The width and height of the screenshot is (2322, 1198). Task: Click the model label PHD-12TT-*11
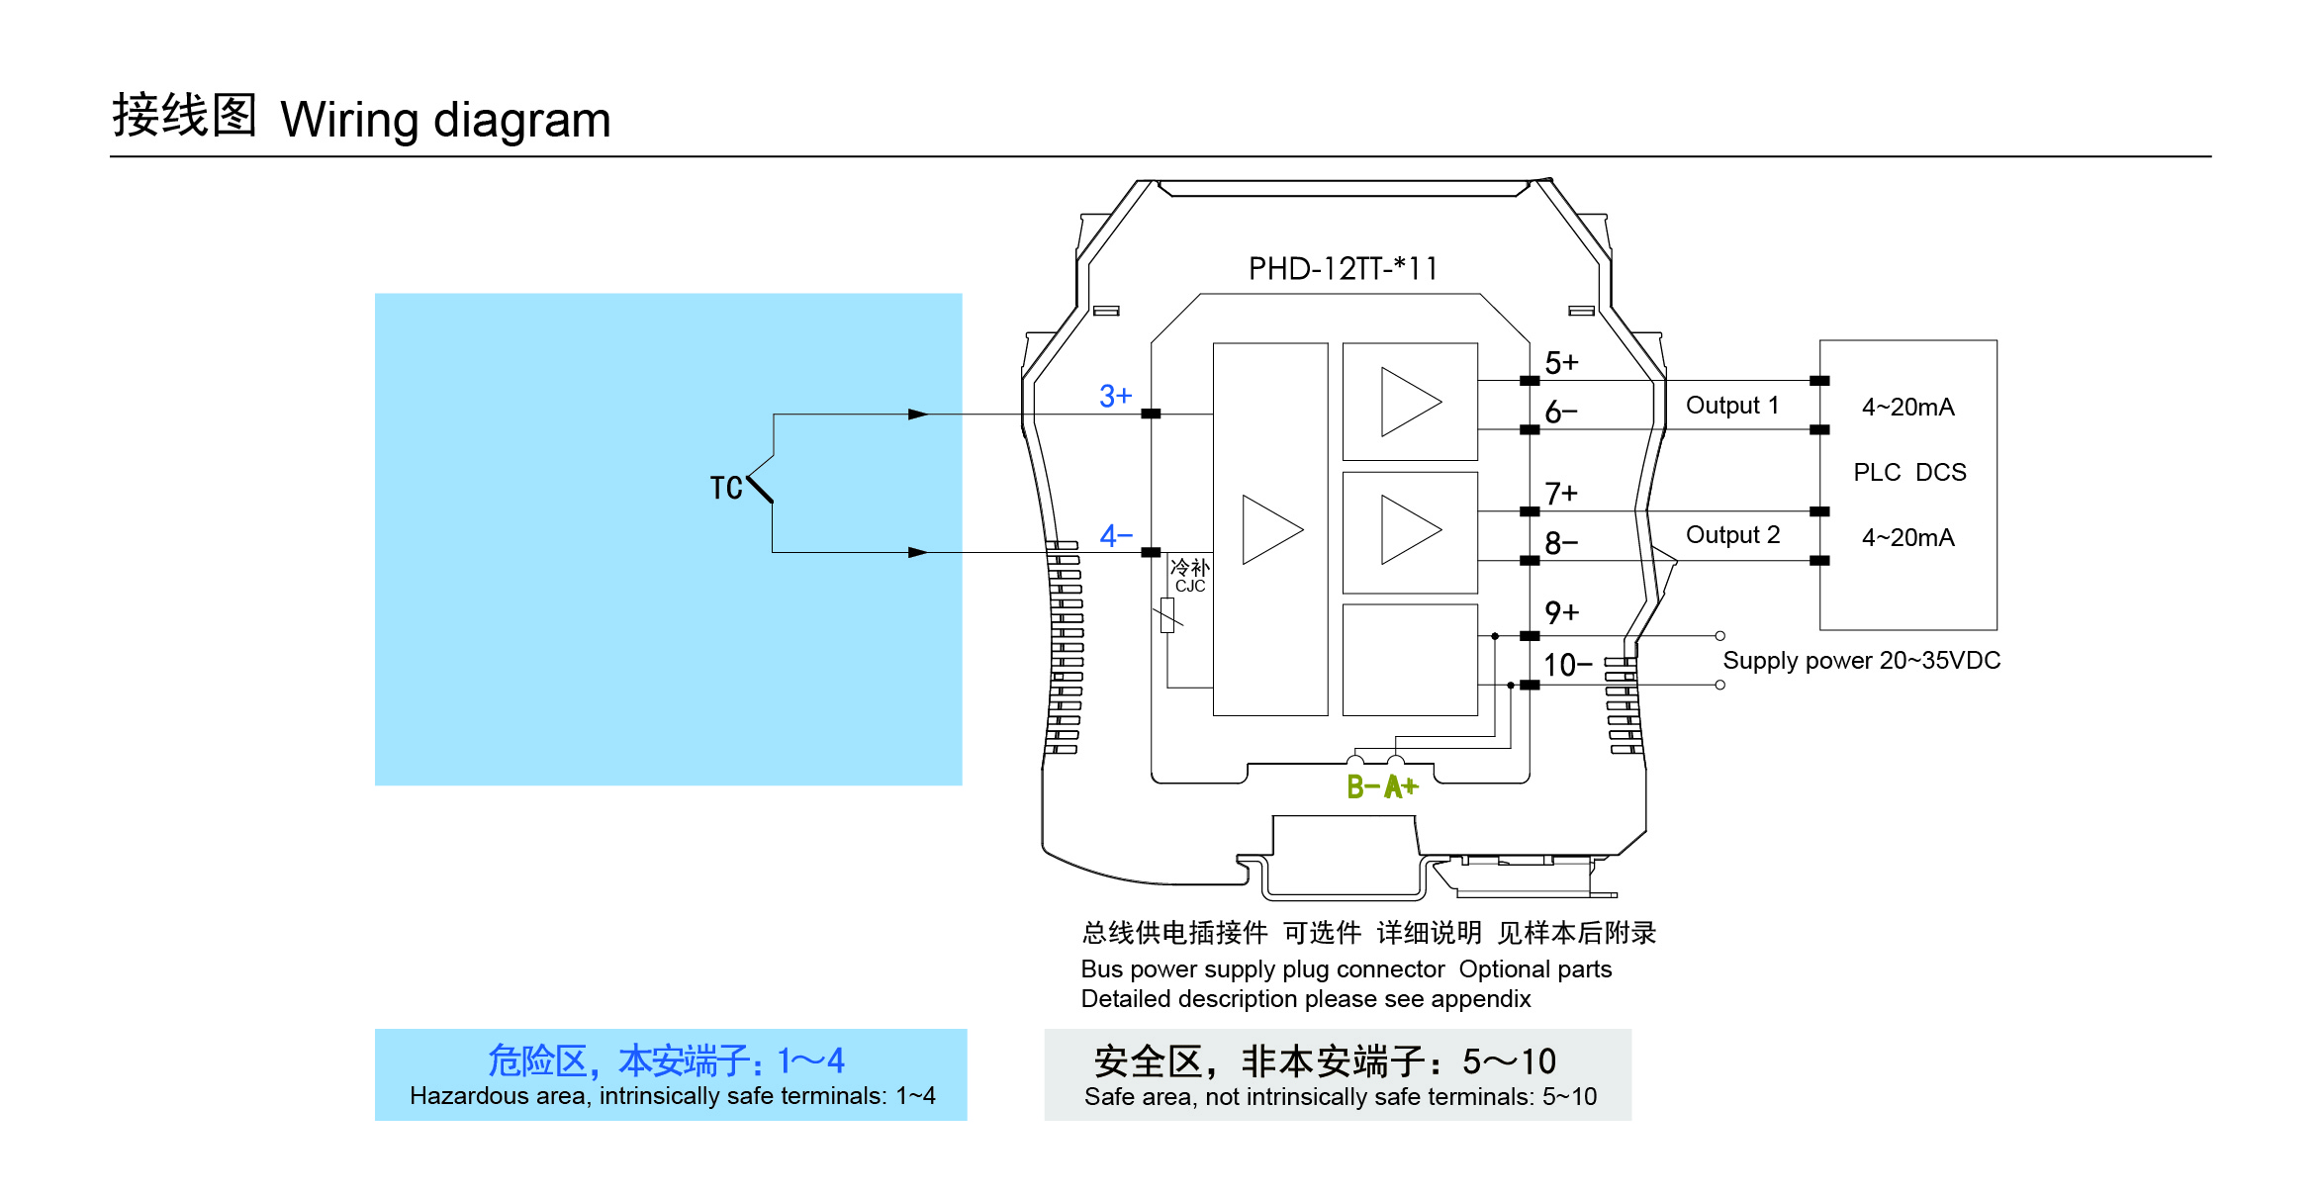point(1342,269)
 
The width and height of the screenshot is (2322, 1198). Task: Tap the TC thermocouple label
point(726,488)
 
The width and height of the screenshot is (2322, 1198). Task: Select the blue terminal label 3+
point(1115,396)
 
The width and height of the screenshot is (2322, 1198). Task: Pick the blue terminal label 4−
point(1116,536)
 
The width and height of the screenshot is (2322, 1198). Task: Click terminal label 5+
point(1561,363)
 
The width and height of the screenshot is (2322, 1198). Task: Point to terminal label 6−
point(1561,412)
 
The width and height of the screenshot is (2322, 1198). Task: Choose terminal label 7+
point(1561,493)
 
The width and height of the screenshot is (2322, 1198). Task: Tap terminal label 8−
point(1561,543)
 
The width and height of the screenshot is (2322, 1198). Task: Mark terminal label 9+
point(1561,612)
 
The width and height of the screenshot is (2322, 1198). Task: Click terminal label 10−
point(1567,665)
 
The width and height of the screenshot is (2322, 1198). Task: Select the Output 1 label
point(1731,406)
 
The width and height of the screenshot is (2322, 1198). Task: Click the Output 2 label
point(1732,535)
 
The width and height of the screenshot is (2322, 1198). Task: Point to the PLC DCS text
point(1909,473)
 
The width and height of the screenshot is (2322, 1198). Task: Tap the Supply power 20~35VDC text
point(1861,661)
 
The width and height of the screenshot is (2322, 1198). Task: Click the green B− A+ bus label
point(1382,787)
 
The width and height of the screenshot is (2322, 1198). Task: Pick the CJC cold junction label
point(1190,587)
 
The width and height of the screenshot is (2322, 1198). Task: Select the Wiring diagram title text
point(445,120)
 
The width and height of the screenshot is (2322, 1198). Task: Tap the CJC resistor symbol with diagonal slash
point(1167,615)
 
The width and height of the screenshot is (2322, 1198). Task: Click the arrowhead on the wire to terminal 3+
point(918,415)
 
